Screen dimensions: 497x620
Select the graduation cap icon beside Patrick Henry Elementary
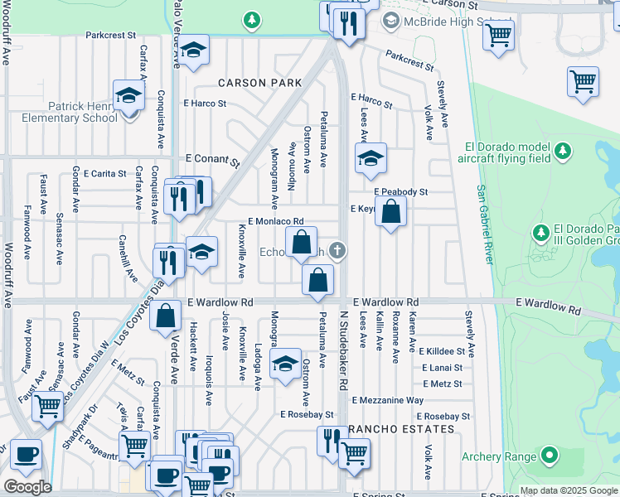click(129, 97)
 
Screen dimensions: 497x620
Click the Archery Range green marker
click(548, 455)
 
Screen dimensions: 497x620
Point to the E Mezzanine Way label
click(388, 400)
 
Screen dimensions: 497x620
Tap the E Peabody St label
click(400, 191)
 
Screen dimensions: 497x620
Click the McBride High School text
click(446, 22)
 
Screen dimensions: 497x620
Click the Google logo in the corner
click(27, 487)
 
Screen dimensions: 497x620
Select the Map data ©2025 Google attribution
click(567, 490)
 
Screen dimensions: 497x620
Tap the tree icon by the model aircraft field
click(564, 151)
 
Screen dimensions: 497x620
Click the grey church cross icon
click(337, 249)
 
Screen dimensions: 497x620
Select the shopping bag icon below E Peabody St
click(392, 213)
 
